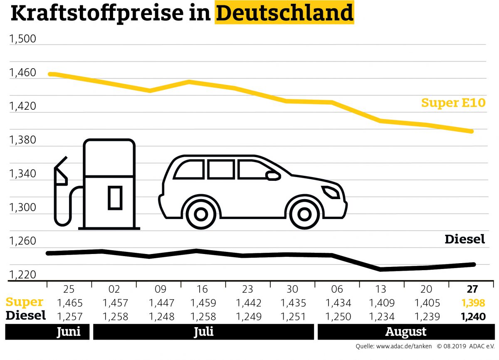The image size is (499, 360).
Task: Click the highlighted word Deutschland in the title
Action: [x=284, y=13]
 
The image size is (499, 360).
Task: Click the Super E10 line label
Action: [x=453, y=103]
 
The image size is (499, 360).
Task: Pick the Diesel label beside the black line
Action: [x=464, y=239]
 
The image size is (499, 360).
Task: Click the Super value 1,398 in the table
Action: [x=473, y=303]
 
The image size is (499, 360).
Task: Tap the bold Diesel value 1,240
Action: [x=473, y=316]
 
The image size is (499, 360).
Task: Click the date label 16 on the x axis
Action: [x=203, y=289]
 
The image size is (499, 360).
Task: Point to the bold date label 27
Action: [x=473, y=289]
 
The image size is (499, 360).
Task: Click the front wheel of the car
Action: [x=304, y=214]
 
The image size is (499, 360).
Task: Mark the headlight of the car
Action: [x=331, y=192]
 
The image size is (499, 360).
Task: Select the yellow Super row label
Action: [x=25, y=302]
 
